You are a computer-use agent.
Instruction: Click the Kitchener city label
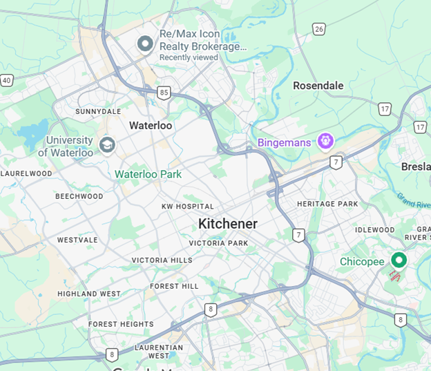click(x=227, y=224)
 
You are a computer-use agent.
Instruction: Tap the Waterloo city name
click(x=151, y=126)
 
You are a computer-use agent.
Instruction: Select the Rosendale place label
click(x=318, y=86)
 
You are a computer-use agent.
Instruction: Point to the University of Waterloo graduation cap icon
click(x=106, y=144)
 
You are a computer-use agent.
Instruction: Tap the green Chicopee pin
click(x=398, y=260)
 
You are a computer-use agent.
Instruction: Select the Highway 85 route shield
click(x=164, y=92)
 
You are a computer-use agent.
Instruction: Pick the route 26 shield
click(x=318, y=28)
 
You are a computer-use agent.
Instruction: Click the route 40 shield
click(x=6, y=80)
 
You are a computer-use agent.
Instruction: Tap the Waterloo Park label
click(x=148, y=174)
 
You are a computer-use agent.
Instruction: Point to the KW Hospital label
click(x=187, y=207)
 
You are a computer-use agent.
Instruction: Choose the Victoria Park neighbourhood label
click(x=218, y=243)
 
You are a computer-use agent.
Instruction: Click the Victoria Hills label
click(x=162, y=260)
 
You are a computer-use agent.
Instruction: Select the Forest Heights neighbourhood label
click(x=121, y=324)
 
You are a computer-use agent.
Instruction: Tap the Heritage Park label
click(x=327, y=204)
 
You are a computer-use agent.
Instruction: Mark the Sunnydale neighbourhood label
click(x=97, y=111)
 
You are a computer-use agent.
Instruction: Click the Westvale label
click(x=77, y=240)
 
